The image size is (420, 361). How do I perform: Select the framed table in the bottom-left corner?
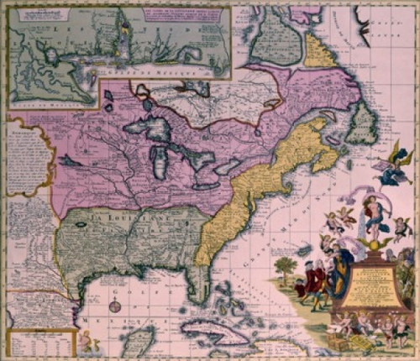[38, 340]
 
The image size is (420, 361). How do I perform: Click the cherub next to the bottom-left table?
[85, 339]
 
